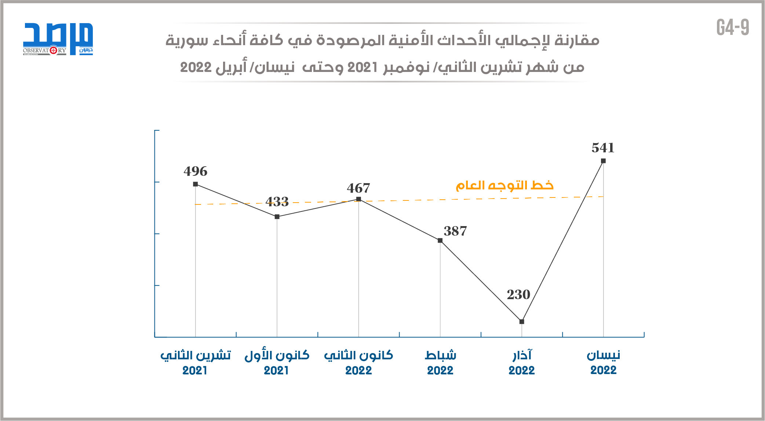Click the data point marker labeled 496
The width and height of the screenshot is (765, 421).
coord(196,184)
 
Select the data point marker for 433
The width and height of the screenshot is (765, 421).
coord(277,217)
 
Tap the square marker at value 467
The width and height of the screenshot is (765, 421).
coord(359,199)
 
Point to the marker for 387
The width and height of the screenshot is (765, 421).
coord(440,240)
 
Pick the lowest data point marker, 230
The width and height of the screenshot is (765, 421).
coord(522,322)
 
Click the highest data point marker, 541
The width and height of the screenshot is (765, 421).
coord(604,161)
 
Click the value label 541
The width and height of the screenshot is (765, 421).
coord(603,148)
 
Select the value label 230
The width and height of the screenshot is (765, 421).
coord(518,294)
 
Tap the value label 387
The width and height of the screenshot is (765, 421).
coord(455,231)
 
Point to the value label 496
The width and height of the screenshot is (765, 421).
coord(196,171)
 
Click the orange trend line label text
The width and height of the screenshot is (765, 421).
coord(504,185)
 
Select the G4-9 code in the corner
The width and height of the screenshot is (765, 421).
coord(733,28)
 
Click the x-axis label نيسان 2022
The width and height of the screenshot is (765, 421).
coord(604,362)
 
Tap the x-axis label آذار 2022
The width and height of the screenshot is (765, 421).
coord(522,362)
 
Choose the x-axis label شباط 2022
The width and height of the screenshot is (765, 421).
coord(440,362)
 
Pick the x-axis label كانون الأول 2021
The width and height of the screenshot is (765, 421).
coord(277,362)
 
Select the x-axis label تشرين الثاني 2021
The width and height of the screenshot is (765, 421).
coord(196,362)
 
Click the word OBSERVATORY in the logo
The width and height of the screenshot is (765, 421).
coord(44,50)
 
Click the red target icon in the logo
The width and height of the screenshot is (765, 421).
coord(54,50)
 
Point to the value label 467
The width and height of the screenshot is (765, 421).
coord(358,188)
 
